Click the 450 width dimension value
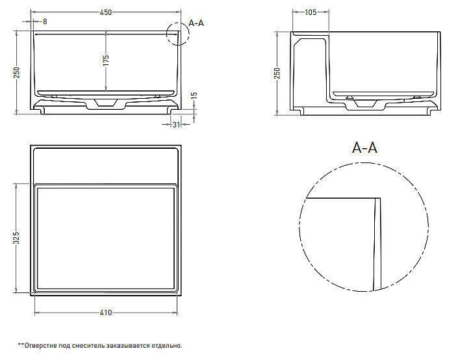(x=106, y=12)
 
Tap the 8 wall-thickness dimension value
(x=45, y=21)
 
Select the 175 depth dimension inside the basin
(x=106, y=60)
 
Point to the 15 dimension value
(x=195, y=96)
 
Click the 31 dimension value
(x=176, y=125)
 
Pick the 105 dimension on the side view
(x=311, y=12)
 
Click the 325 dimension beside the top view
(x=17, y=238)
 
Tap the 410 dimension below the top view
(x=106, y=313)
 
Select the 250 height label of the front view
(x=17, y=73)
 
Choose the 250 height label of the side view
(x=277, y=73)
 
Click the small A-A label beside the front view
(x=196, y=23)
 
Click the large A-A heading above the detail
(x=364, y=148)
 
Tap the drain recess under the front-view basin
(x=106, y=105)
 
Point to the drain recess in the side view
(x=365, y=105)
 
